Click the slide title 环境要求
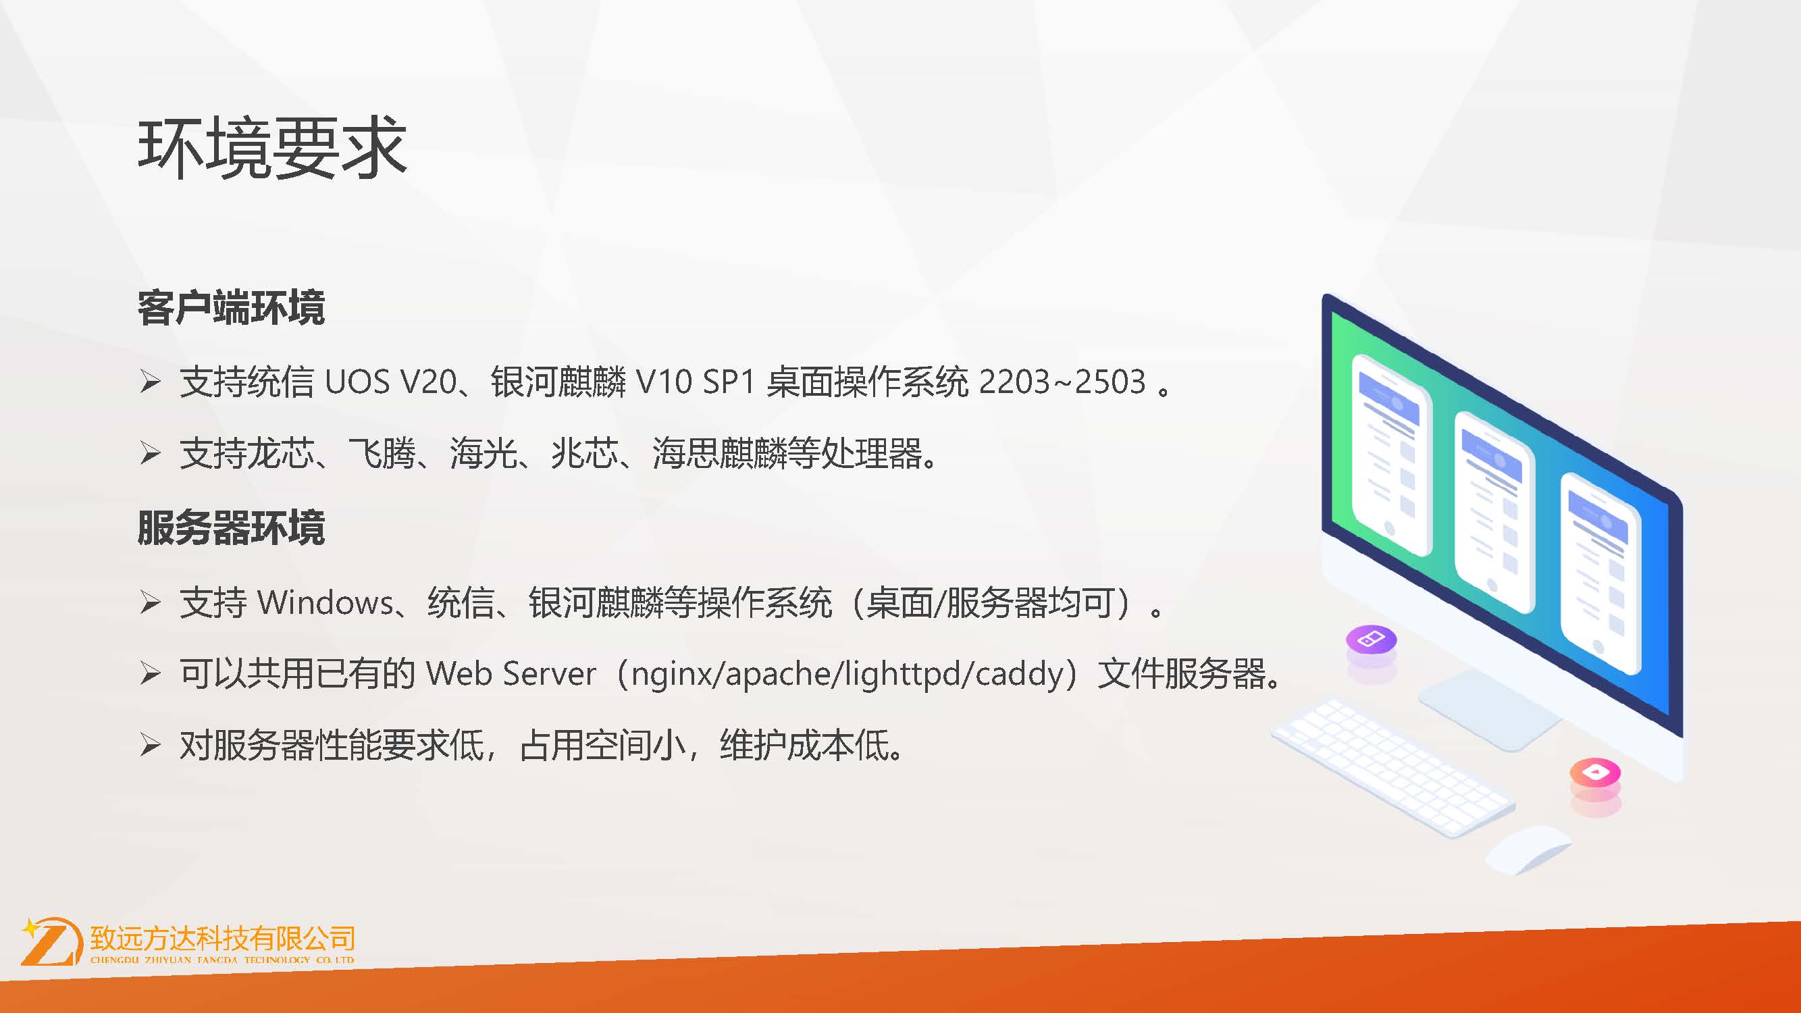pyautogui.click(x=272, y=147)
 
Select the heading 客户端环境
pyautogui.click(x=232, y=307)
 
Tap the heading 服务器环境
pyautogui.click(x=232, y=527)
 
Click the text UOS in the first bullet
pyautogui.click(x=357, y=382)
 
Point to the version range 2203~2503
pyautogui.click(x=1062, y=382)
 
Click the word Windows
pyautogui.click(x=325, y=602)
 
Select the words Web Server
pyautogui.click(x=511, y=673)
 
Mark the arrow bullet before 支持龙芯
pyautogui.click(x=151, y=453)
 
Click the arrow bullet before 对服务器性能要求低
pyautogui.click(x=151, y=744)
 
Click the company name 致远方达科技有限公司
pyautogui.click(x=222, y=937)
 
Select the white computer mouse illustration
pyautogui.click(x=1527, y=849)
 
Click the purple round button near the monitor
pyautogui.click(x=1371, y=640)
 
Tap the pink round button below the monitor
pyautogui.click(x=1595, y=773)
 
